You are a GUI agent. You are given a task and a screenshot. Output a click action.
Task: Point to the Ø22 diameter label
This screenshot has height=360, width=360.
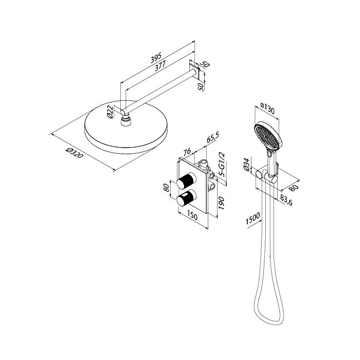point(110,112)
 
